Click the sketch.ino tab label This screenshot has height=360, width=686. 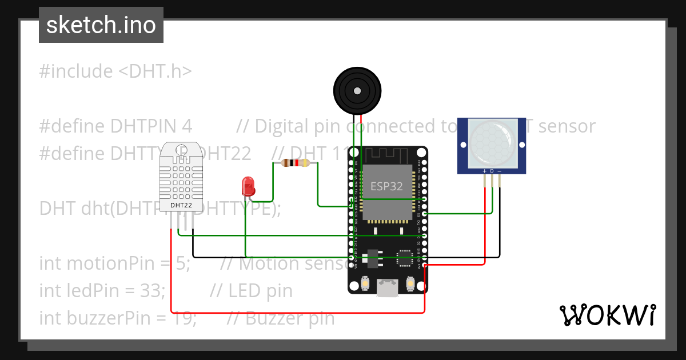pos(101,25)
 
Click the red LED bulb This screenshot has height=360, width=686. pos(249,185)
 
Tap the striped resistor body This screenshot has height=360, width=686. pos(296,163)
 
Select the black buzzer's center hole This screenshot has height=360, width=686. pos(357,91)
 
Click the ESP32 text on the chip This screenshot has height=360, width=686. pos(386,186)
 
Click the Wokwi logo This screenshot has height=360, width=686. pos(607,315)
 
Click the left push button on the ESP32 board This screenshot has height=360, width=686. pos(365,283)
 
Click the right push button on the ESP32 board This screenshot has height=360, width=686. pos(410,283)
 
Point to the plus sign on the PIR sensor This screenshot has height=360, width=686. pos(485,171)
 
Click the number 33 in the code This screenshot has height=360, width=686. pos(150,291)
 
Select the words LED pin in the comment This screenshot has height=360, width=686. pos(261,291)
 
